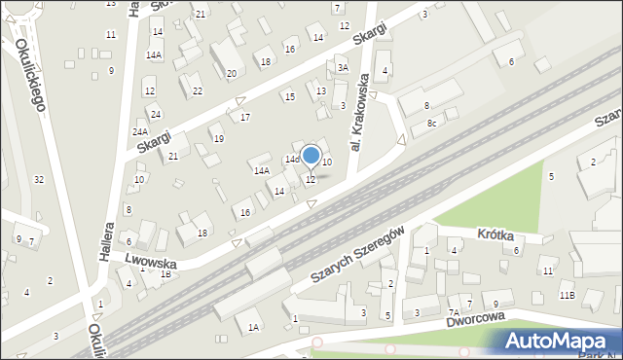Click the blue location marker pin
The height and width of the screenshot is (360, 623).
(x=311, y=156)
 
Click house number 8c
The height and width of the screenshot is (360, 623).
(x=432, y=124)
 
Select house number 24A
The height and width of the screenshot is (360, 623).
(x=140, y=131)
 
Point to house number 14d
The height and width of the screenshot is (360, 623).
(x=291, y=159)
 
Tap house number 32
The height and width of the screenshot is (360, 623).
(x=39, y=179)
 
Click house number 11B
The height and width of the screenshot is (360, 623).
(x=567, y=295)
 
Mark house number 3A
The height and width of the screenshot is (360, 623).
(x=342, y=68)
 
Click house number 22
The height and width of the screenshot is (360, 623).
(x=198, y=90)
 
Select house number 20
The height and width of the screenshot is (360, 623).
(x=231, y=74)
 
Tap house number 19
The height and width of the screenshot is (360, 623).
(x=218, y=139)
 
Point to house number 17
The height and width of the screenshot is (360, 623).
(x=245, y=117)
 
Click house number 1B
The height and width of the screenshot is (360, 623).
(x=165, y=273)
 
